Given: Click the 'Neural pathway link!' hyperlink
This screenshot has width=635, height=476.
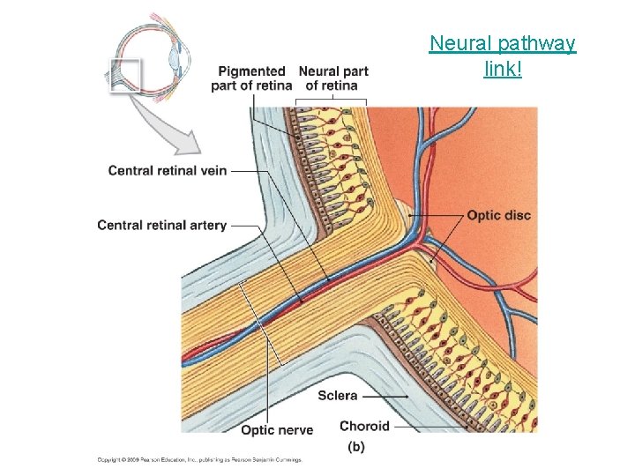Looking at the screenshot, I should coord(502,55).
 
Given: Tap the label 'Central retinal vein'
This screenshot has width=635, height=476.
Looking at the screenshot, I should coord(168,170).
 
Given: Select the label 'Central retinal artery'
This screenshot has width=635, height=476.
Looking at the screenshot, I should coord(162,226).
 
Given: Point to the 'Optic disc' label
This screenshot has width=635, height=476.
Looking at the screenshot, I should coord(498,215).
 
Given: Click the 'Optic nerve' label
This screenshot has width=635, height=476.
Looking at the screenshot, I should coord(277,430).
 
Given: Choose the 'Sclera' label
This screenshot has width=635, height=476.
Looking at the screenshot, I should coord(338,396).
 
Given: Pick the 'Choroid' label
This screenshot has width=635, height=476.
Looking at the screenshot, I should coord(364,426).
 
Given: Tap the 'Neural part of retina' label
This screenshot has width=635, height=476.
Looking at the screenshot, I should coord(332,78).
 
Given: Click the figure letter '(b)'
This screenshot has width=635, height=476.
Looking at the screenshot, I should coord(355,447).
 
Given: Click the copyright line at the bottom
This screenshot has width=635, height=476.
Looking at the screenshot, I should coord(199,459).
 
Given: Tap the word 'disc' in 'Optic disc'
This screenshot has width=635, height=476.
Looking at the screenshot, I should coord(517,215).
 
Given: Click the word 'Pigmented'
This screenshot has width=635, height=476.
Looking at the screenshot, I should coord(251,71).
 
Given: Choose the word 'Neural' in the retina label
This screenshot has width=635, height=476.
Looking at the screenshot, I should coord(319,71).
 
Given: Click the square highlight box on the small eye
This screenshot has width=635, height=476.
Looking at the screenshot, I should coord(126,75).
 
